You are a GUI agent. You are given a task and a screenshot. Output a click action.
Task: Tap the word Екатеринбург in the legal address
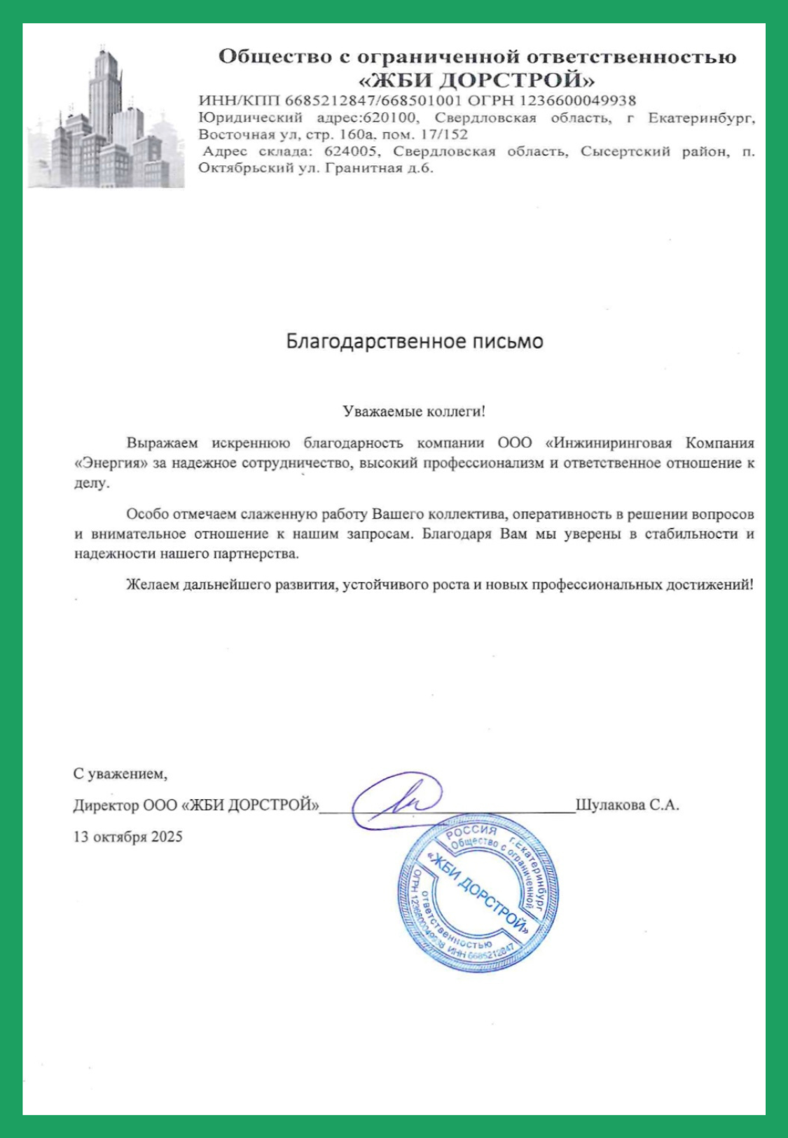pos(701,118)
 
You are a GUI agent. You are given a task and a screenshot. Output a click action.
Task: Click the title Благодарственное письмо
pos(415,342)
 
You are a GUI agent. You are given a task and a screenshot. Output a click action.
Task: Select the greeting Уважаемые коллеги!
pos(414,411)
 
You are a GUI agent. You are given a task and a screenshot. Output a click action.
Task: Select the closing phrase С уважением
pos(120,774)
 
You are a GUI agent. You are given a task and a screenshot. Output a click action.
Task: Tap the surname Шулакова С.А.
pos(627,805)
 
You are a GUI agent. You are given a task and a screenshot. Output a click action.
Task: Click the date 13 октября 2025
pos(127,836)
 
